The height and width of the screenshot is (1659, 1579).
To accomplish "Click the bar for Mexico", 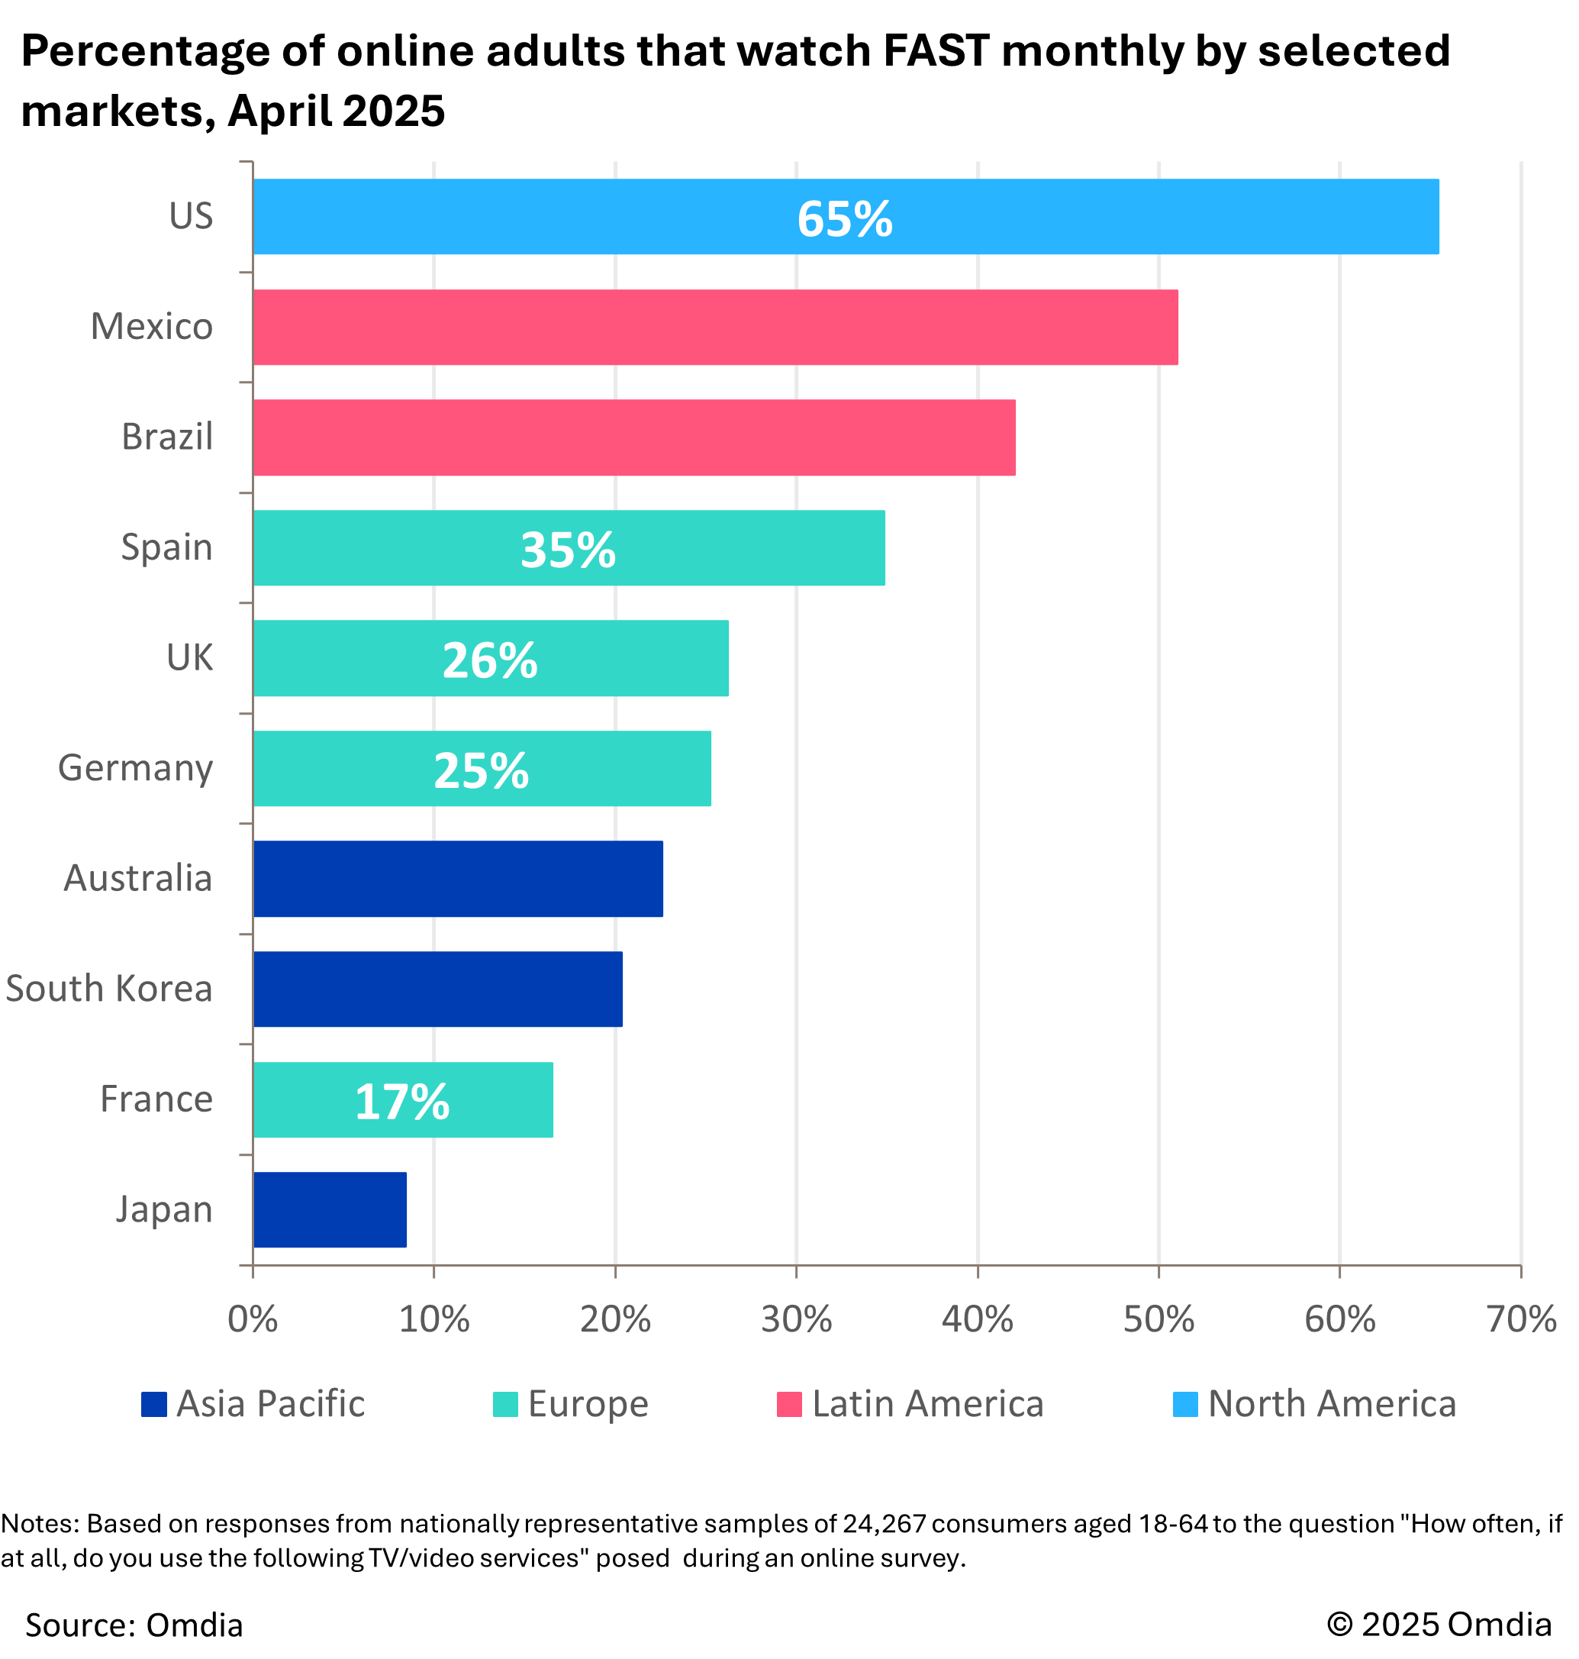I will tap(714, 327).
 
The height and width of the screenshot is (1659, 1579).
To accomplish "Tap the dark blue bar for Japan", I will tap(329, 1209).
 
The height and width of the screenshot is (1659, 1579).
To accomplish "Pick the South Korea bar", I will tap(437, 989).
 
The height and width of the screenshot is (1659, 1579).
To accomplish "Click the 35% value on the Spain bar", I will tap(568, 550).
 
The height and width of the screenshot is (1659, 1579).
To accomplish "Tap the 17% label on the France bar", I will tap(402, 1102).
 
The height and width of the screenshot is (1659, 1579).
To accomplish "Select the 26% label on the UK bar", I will tap(490, 660).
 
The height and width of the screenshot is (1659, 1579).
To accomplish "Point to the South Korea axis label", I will tap(109, 989).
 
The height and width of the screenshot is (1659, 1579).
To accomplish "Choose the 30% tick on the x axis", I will tap(796, 1319).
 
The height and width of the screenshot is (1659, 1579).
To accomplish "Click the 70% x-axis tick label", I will tap(1521, 1319).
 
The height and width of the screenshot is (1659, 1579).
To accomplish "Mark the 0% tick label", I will tap(253, 1319).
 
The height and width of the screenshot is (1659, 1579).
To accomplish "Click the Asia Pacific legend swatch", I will tap(154, 1404).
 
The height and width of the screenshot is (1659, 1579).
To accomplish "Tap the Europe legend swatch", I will tap(505, 1404).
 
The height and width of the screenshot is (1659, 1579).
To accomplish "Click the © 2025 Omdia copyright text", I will tap(1439, 1625).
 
